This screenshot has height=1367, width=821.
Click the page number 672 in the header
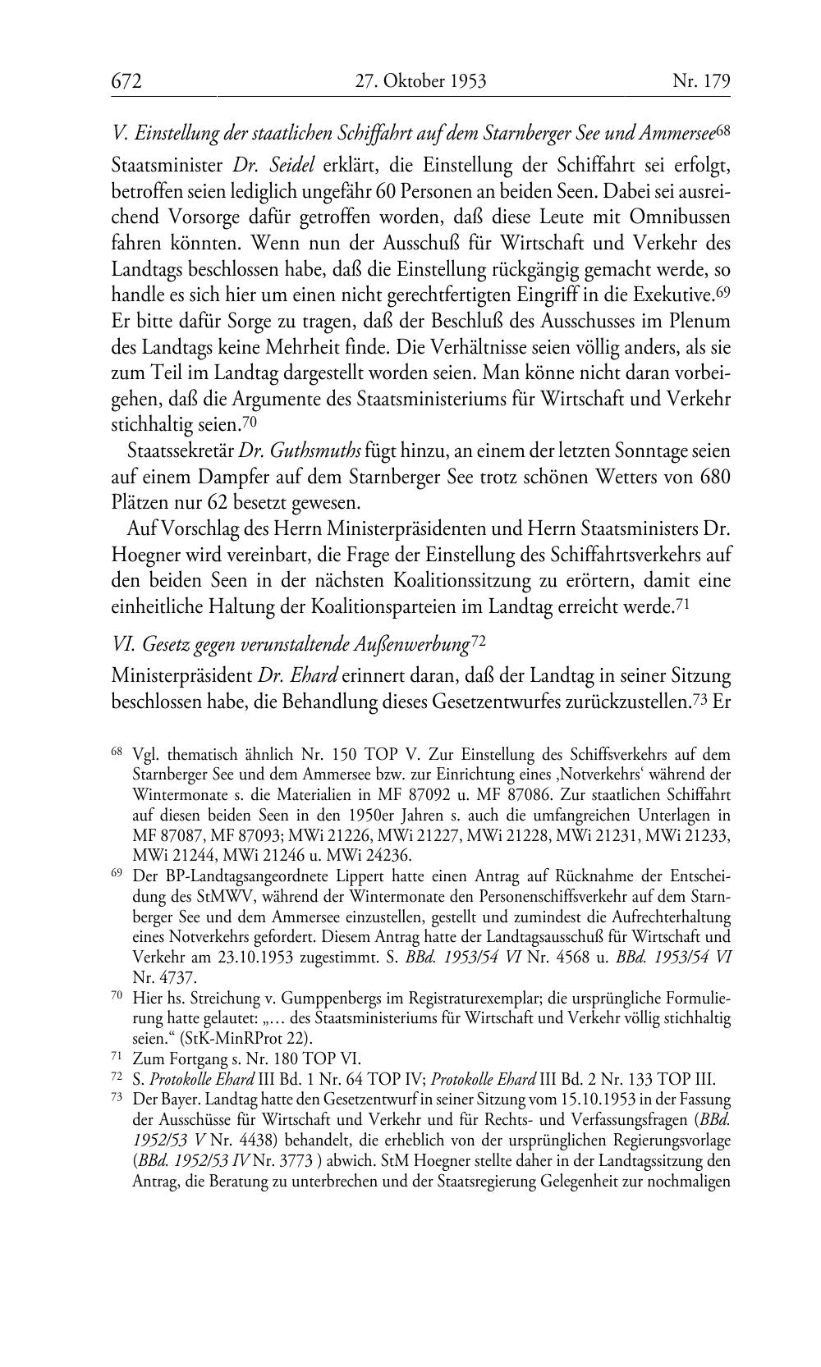127,81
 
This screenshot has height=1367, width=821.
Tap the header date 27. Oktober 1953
420,81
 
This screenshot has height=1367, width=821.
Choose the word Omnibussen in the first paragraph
680,217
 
